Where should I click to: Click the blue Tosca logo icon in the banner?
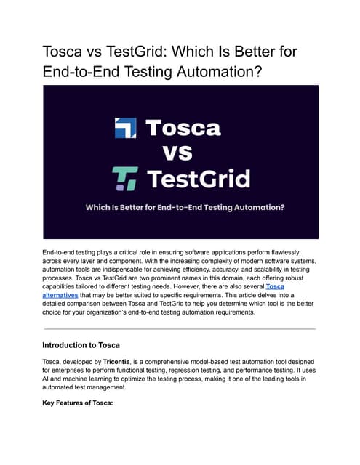(125, 129)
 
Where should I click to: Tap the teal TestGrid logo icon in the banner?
(125, 178)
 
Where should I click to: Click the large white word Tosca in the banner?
(183, 129)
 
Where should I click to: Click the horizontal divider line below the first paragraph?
(180, 329)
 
